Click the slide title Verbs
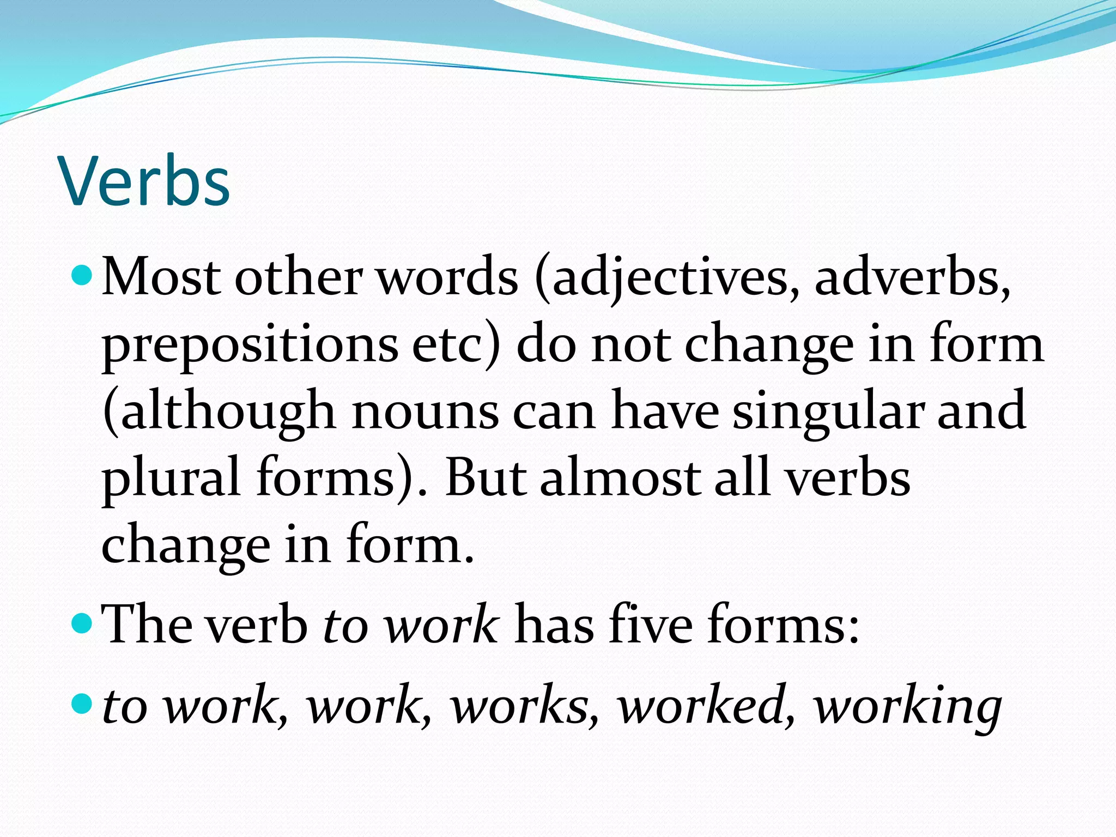[x=145, y=181]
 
